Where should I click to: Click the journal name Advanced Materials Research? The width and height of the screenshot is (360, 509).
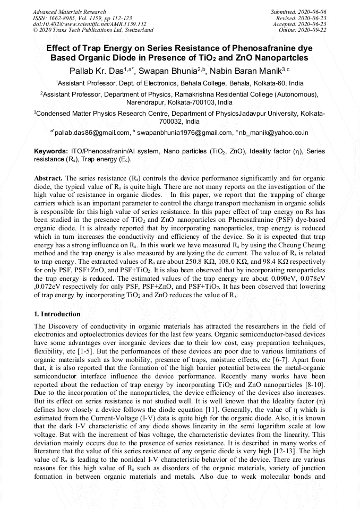pos(69,12)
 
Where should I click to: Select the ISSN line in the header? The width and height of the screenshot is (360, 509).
pos(82,18)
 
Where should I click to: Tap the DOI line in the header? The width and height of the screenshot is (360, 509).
pos(90,24)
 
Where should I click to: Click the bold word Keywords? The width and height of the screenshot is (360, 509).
pos(50,151)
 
